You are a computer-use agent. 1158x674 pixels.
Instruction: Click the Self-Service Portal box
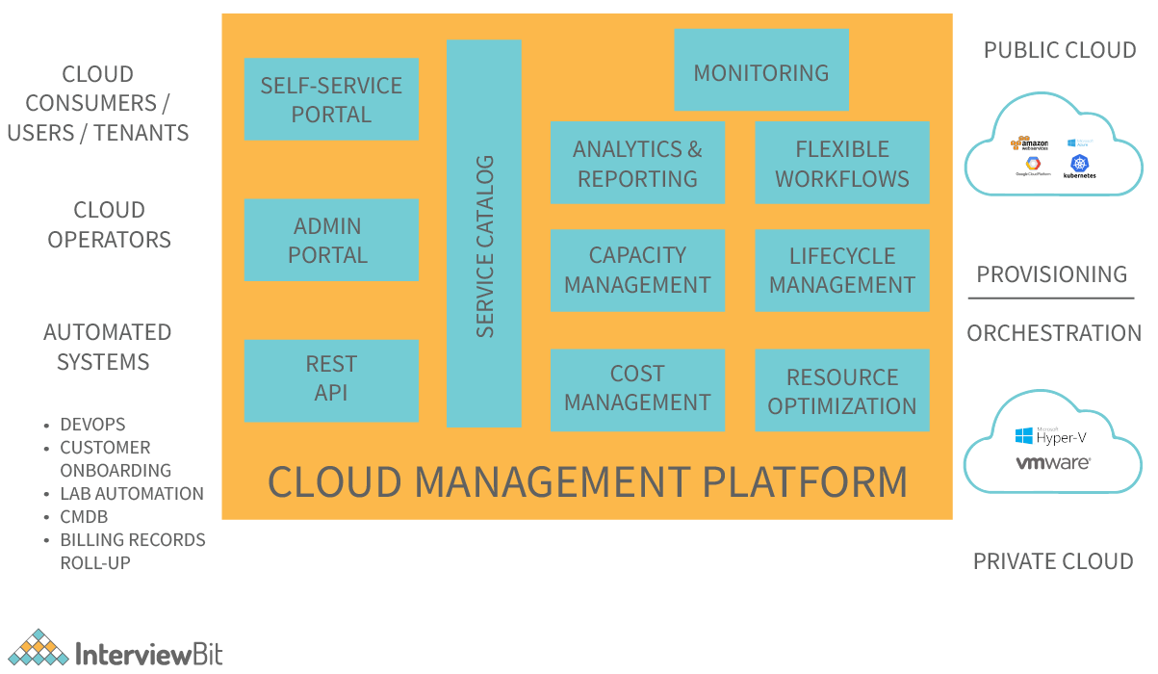pyautogui.click(x=331, y=99)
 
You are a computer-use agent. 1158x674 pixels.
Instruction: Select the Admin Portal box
pyautogui.click(x=331, y=240)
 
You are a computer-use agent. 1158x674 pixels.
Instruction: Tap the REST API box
pyautogui.click(x=331, y=379)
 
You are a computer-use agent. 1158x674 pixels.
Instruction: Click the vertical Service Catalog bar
pyautogui.click(x=483, y=233)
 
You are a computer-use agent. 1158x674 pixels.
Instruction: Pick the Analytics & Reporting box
pyautogui.click(x=637, y=163)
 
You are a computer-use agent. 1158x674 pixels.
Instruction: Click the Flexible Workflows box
pyautogui.click(x=841, y=163)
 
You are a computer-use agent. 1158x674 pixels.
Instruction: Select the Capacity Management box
pyautogui.click(x=637, y=271)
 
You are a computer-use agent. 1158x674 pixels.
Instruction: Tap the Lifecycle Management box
pyautogui.click(x=841, y=271)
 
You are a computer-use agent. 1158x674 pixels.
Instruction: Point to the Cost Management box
pyautogui.click(x=637, y=389)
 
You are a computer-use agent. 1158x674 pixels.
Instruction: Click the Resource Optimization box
pyautogui.click(x=841, y=390)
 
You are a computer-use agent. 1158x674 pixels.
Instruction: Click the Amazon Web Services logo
pyautogui.click(x=1027, y=143)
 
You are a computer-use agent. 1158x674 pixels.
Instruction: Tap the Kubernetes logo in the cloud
pyautogui.click(x=1080, y=167)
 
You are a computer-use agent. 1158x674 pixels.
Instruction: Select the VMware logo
pyautogui.click(x=1053, y=463)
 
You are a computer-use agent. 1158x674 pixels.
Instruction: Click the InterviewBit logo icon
pyautogui.click(x=38, y=648)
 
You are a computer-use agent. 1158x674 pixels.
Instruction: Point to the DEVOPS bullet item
pyautogui.click(x=92, y=425)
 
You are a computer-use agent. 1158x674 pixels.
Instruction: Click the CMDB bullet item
pyautogui.click(x=84, y=517)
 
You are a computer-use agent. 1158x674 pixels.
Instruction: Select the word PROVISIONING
pyautogui.click(x=1051, y=274)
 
